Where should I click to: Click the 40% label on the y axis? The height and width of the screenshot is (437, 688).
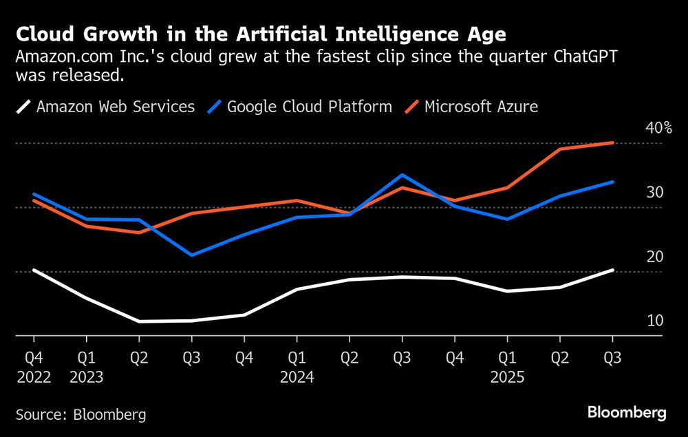pos(658,128)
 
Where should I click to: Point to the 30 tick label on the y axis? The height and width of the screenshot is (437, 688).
pos(654,193)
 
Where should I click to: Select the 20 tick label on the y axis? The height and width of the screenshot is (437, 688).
pos(654,257)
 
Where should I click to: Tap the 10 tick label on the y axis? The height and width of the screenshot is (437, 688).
pos(654,321)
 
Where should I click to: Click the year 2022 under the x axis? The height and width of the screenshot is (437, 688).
pos(33,378)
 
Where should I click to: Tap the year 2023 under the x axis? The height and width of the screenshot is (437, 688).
pos(86,378)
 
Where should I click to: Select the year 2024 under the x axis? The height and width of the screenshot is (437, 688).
pos(297,378)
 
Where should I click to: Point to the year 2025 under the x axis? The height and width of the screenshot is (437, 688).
pos(507,378)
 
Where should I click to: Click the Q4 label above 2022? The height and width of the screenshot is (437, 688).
pos(33,358)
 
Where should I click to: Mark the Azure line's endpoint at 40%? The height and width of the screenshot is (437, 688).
pos(612,143)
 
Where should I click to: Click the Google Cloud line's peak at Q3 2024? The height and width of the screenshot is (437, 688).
pos(402,175)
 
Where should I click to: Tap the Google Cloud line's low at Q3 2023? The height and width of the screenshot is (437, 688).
pos(191,255)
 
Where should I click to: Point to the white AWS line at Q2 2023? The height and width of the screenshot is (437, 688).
pos(139,321)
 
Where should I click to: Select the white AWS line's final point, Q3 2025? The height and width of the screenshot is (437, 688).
pos(612,270)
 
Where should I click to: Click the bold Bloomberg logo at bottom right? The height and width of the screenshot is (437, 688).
pos(627,413)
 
